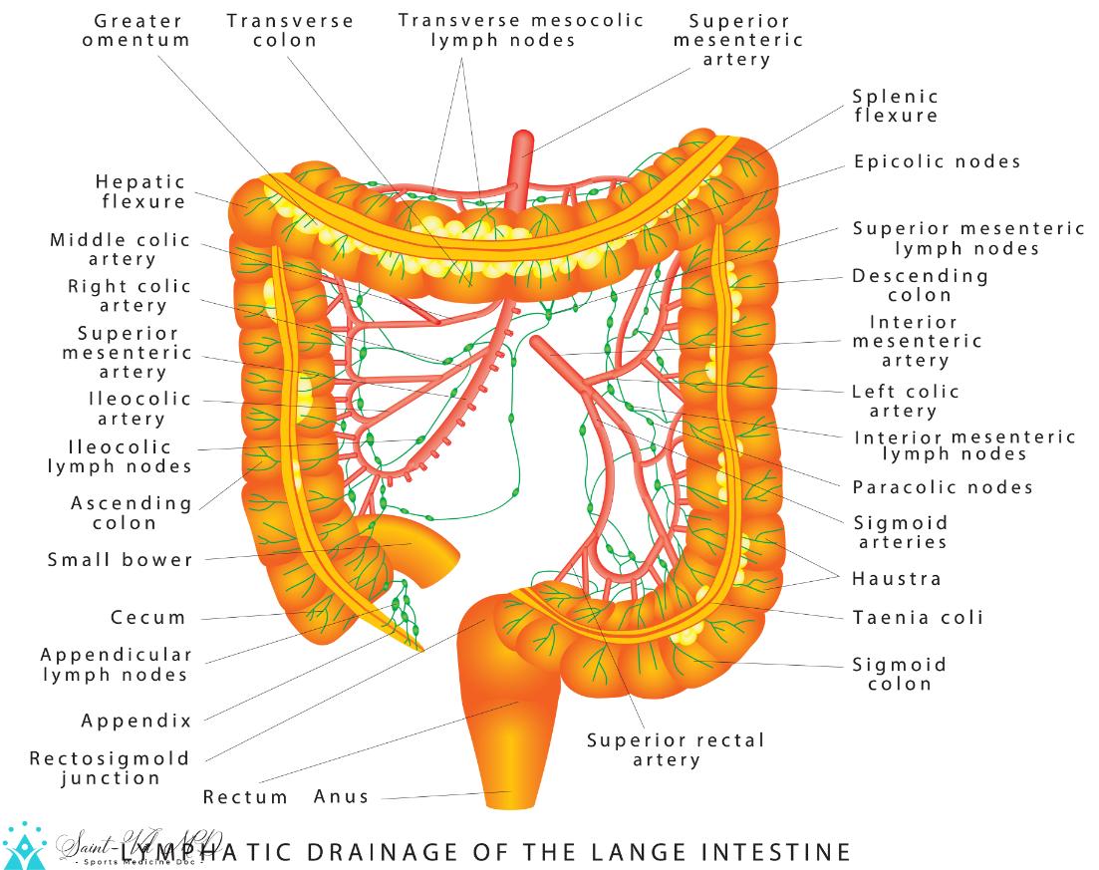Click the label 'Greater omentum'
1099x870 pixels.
[137, 30]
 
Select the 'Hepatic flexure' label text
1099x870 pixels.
[141, 191]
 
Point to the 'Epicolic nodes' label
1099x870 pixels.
[937, 161]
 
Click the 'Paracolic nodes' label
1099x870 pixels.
[943, 487]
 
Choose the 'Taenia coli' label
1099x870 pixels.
[918, 618]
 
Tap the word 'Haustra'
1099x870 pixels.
[896, 578]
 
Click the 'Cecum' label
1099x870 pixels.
[148, 618]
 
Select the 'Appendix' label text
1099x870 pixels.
[136, 721]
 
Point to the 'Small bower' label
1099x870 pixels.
[121, 560]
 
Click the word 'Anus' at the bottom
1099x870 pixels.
[342, 796]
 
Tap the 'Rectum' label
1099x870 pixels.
[246, 797]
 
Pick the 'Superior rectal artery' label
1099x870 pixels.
[676, 749]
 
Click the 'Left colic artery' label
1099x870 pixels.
[905, 401]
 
